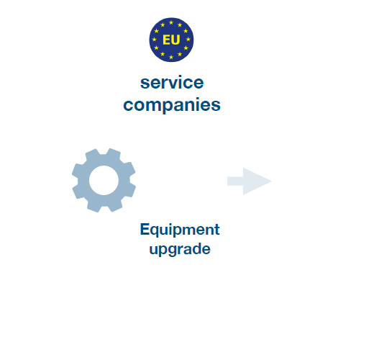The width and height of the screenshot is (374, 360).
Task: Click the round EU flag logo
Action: pos(171,40)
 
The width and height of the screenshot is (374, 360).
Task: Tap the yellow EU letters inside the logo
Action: pos(171,40)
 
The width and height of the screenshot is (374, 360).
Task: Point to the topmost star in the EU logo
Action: pos(171,22)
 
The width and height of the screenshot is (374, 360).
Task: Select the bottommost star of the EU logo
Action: pos(171,57)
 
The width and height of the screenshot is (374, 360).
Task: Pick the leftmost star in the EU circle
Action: pos(154,40)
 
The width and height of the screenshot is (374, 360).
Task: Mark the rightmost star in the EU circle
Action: pos(188,40)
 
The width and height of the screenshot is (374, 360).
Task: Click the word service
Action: pos(172,83)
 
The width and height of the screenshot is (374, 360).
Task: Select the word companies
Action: pos(172,104)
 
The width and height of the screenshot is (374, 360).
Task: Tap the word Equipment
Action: pos(180,230)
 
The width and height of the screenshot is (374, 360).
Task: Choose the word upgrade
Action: pos(180,249)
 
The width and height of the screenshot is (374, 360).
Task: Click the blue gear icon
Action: pos(104,180)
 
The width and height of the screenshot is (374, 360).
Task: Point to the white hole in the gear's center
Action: pos(104,180)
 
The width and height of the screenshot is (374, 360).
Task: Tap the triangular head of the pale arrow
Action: pos(257,181)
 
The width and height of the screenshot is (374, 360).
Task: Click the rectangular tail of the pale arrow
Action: pos(235,181)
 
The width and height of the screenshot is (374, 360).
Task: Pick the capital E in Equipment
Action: pos(145,229)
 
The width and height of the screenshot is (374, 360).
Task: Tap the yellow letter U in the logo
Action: pos(175,40)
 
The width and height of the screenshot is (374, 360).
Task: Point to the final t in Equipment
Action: pos(217,230)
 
